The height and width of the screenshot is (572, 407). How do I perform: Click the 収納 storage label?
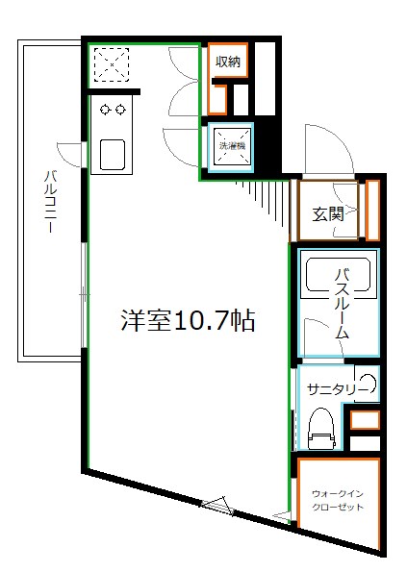point(228,62)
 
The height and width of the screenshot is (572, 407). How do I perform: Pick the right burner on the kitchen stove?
point(120,110)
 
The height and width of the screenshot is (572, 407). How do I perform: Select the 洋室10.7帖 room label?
point(187,321)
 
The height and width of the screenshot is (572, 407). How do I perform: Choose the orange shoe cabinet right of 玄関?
point(372,210)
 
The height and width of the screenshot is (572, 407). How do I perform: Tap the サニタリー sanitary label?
point(332,389)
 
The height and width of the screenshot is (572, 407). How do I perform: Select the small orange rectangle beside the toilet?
point(365,420)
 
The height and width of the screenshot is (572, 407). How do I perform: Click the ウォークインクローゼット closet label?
point(338,501)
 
